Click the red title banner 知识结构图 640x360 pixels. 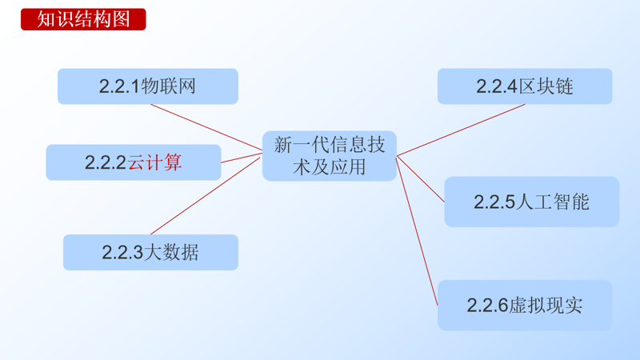[83, 19]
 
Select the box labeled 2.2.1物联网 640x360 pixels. [148, 86]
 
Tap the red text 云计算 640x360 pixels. [155, 162]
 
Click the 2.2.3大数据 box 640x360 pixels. [150, 253]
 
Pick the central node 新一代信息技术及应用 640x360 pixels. [330, 155]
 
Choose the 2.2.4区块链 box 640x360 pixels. [525, 86]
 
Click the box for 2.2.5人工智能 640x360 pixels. [531, 202]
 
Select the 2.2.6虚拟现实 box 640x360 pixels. [525, 305]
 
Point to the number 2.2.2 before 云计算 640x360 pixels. [106, 162]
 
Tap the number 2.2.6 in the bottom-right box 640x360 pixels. [488, 305]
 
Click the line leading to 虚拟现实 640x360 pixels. [418, 232]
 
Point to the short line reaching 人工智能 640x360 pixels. [422, 178]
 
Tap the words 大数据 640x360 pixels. [171, 253]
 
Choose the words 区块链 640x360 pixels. [546, 86]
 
